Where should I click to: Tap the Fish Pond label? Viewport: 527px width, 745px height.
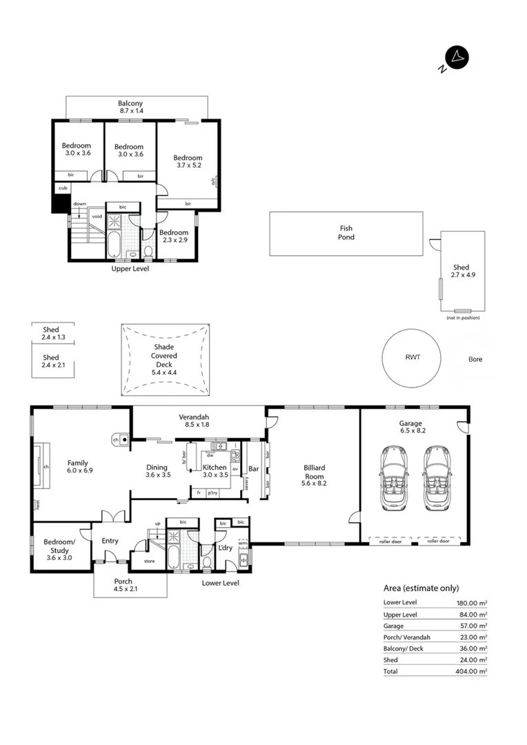tap(346, 233)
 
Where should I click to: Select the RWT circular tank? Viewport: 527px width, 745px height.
tap(412, 358)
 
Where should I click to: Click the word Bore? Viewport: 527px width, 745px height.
tap(475, 359)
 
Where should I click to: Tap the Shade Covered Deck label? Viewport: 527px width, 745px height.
tap(164, 359)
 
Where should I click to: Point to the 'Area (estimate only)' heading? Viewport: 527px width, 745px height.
tap(421, 588)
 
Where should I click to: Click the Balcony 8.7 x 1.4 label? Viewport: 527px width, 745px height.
tap(130, 107)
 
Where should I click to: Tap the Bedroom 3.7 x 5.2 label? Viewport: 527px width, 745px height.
tap(188, 162)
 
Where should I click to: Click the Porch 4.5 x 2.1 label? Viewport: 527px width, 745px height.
tap(123, 586)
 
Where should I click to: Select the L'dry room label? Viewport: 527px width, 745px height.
tap(225, 548)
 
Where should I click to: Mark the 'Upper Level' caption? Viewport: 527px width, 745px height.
tap(130, 268)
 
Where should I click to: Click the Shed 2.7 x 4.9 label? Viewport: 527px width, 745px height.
tap(461, 271)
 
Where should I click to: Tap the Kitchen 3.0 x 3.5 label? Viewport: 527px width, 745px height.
tap(215, 471)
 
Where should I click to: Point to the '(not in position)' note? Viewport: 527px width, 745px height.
tap(463, 317)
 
